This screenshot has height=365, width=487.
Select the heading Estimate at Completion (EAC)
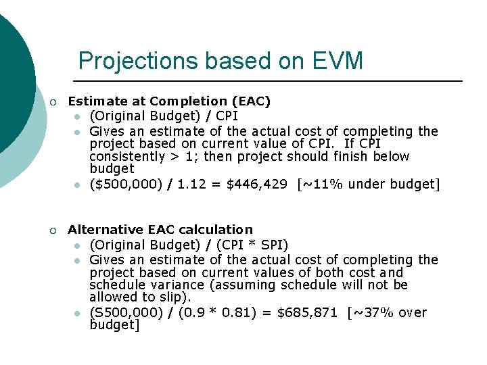[x=169, y=101]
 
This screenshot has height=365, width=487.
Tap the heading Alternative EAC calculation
[x=160, y=230]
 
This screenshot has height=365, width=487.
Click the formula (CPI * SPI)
[x=256, y=245]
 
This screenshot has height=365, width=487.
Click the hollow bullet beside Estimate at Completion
[x=53, y=102]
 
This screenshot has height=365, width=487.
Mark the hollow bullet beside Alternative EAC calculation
[x=53, y=230]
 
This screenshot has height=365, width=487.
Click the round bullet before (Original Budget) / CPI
[x=78, y=116]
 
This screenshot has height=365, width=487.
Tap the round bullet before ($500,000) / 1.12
[x=78, y=185]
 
